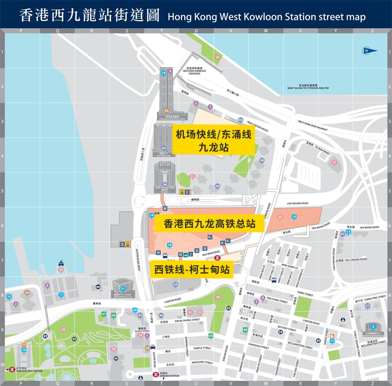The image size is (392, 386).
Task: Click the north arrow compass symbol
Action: (x=370, y=51)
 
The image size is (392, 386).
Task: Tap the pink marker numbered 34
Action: (x=217, y=57)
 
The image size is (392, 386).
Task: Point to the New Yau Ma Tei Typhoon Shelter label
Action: (x=308, y=87)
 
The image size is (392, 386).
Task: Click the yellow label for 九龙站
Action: (x=213, y=141)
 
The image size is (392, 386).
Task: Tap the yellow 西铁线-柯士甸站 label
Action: (x=192, y=270)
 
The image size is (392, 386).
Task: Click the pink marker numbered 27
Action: (x=334, y=162)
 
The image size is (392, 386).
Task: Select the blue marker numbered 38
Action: (x=262, y=160)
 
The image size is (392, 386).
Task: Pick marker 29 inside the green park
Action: (x=63, y=330)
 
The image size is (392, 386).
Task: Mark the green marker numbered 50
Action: (x=211, y=336)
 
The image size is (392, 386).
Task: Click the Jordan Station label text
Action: (x=169, y=375)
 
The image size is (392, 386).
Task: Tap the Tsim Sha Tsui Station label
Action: (x=29, y=370)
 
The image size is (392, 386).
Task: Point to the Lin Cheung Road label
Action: (x=298, y=203)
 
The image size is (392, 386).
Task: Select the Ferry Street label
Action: (x=305, y=294)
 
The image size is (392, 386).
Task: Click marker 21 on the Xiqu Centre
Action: (x=123, y=289)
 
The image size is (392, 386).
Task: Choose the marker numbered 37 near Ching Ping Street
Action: (x=367, y=306)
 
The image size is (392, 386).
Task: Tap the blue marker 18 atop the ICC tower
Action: (x=163, y=73)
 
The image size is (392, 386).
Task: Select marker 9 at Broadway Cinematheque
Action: (x=373, y=327)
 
